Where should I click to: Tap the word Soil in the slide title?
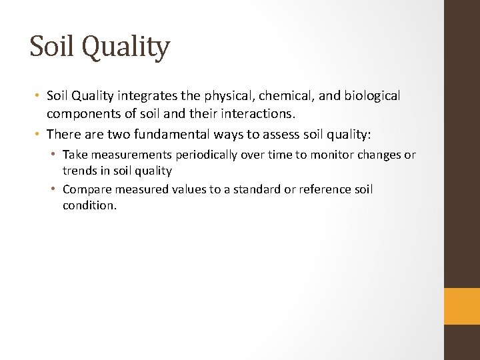pos(51,47)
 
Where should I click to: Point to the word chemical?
pos(279,96)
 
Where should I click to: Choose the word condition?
pos(89,205)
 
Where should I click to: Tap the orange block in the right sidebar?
pos(462,306)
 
